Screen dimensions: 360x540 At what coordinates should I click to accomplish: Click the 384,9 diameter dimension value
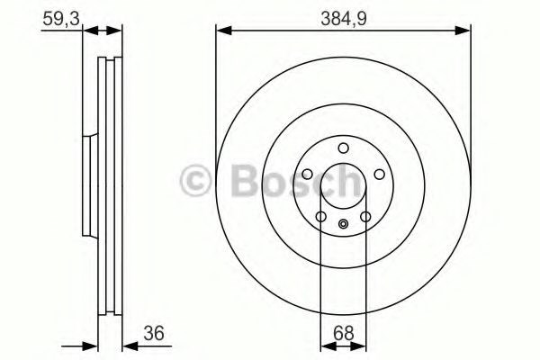point(344,16)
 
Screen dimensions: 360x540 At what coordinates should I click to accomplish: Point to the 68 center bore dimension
point(343,332)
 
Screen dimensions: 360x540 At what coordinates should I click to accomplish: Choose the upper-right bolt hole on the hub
point(379,175)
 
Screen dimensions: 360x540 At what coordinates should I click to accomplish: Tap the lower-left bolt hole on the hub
point(320,217)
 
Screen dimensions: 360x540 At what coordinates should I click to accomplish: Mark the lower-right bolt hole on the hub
point(365,217)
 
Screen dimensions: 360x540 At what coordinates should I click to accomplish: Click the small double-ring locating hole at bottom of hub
point(343,225)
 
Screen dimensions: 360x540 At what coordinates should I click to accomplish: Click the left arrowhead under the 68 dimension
point(326,345)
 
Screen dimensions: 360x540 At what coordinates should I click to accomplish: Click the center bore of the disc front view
point(343,189)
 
